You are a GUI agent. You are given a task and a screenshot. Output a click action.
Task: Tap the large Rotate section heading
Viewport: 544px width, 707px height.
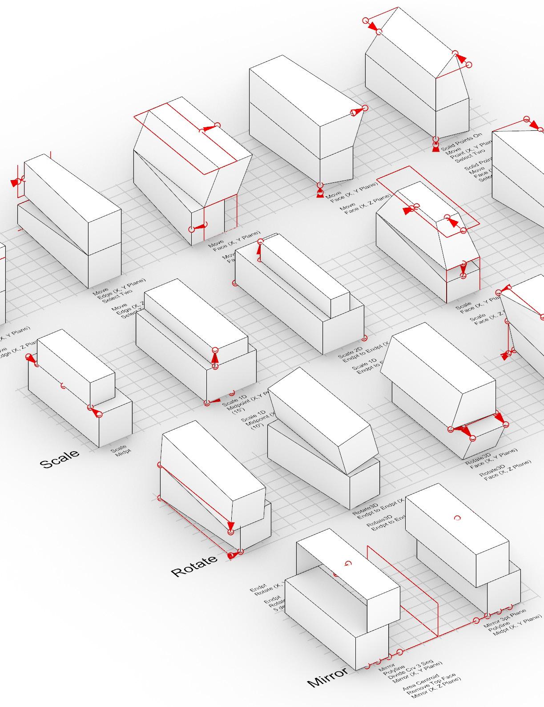click(x=194, y=566)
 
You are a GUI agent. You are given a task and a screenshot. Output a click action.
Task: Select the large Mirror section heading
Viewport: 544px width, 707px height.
click(x=328, y=677)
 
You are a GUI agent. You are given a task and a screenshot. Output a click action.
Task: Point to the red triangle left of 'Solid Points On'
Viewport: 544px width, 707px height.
click(x=436, y=148)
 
